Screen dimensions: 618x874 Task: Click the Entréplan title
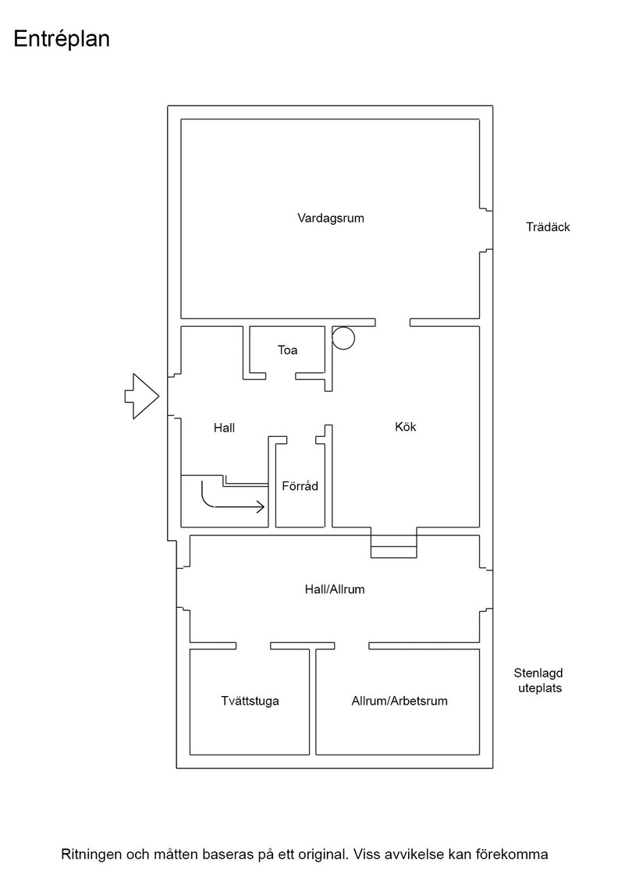point(62,39)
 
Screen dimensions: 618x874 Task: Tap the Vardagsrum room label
point(330,218)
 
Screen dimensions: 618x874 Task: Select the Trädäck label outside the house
point(548,227)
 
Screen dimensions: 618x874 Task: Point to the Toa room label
point(288,350)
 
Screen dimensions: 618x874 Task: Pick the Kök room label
point(405,426)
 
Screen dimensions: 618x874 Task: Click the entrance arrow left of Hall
point(141,396)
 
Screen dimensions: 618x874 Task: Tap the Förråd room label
point(300,485)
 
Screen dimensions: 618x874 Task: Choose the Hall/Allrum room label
point(334,589)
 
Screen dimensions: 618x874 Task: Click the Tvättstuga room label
point(250,701)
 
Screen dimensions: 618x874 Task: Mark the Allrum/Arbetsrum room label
point(399,701)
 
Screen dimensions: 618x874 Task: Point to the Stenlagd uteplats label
point(538,680)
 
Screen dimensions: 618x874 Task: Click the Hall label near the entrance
point(224,428)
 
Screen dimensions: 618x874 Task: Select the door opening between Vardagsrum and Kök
point(392,323)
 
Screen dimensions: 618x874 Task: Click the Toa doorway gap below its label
point(280,376)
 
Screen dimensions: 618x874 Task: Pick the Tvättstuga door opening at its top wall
point(254,646)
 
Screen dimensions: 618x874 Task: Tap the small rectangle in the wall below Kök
point(394,552)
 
